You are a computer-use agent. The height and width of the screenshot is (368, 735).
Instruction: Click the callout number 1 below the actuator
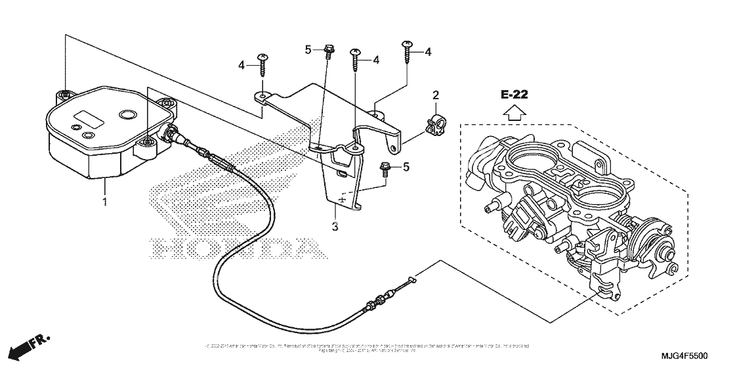click(x=104, y=200)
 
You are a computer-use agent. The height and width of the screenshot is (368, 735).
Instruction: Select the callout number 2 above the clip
click(x=434, y=97)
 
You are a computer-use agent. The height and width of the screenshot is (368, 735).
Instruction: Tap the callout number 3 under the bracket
click(x=335, y=227)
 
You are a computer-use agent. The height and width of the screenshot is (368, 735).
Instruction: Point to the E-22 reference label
click(x=515, y=95)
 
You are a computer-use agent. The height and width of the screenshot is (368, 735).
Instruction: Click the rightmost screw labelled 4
click(x=408, y=48)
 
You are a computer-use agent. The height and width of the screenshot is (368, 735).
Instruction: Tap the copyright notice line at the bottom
click(x=367, y=346)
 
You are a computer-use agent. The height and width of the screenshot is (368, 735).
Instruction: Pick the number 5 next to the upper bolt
click(x=308, y=49)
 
